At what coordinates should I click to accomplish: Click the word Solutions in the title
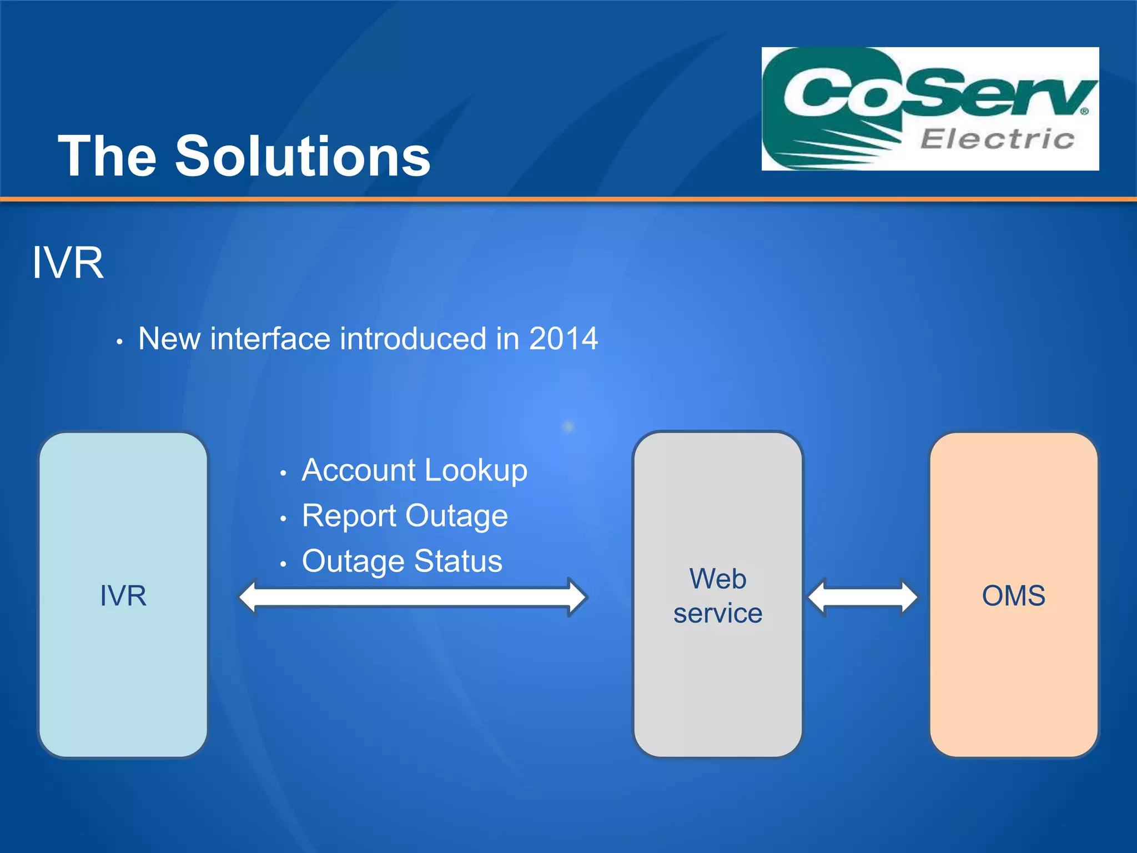pyautogui.click(x=303, y=157)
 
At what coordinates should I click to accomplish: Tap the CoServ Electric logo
pyautogui.click(x=930, y=109)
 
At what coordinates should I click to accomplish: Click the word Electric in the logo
pyautogui.click(x=997, y=139)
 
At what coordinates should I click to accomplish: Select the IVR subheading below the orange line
pyautogui.click(x=68, y=263)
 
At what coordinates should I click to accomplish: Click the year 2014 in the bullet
pyautogui.click(x=563, y=339)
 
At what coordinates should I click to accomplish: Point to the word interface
pyautogui.click(x=270, y=339)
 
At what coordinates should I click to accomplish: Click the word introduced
pyautogui.click(x=413, y=339)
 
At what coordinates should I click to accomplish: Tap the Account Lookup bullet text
pyautogui.click(x=414, y=470)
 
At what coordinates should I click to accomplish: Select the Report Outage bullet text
pyautogui.click(x=405, y=516)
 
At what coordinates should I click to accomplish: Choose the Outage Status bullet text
pyautogui.click(x=402, y=561)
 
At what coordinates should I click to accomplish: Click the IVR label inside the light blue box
pyautogui.click(x=123, y=596)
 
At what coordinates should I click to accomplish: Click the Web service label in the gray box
pyautogui.click(x=717, y=596)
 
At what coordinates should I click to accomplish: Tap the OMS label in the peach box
pyautogui.click(x=1013, y=596)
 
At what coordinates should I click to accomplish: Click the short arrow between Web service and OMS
pyautogui.click(x=862, y=597)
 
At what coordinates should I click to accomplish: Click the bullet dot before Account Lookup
pyautogui.click(x=283, y=474)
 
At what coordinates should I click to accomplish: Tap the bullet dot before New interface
pyautogui.click(x=119, y=343)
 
